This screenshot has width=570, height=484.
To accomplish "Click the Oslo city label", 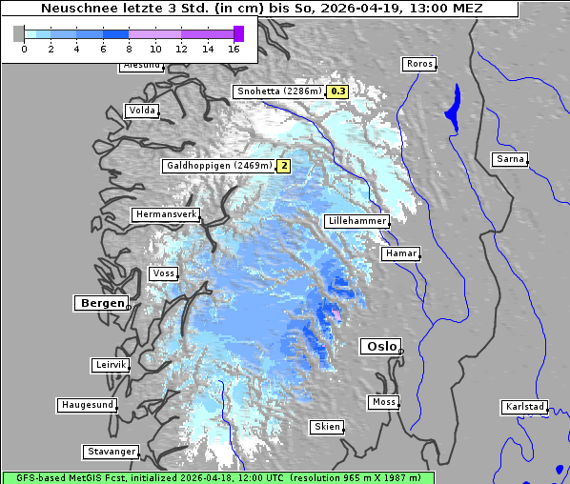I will click(x=379, y=346).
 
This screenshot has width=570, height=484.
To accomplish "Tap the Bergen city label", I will click(x=100, y=303).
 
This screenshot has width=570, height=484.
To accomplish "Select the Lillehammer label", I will click(x=356, y=221).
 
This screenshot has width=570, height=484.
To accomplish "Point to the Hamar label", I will click(x=399, y=253).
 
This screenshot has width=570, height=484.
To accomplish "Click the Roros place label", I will click(x=418, y=64).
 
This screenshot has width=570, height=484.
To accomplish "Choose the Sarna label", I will click(x=510, y=159).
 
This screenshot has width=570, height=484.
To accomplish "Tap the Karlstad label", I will click(x=524, y=407).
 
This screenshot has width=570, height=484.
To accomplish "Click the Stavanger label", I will click(x=111, y=452).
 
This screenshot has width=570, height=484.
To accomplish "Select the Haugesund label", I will click(x=87, y=405).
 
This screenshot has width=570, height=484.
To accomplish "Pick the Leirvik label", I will click(x=111, y=365).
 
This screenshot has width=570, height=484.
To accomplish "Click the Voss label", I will click(x=163, y=273).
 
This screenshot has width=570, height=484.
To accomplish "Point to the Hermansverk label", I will click(x=165, y=214).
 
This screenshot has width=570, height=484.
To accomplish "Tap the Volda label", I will click(x=141, y=111).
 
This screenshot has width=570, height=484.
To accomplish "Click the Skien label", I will click(x=326, y=427).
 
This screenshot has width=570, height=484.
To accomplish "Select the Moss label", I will click(x=383, y=402).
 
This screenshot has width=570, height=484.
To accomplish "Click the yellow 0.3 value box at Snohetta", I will click(x=337, y=91).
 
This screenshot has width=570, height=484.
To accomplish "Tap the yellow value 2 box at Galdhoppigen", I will click(x=283, y=166).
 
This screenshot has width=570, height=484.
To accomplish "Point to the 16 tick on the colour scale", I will click(x=234, y=48).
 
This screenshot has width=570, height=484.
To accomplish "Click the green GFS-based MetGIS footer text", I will click(x=217, y=477).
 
